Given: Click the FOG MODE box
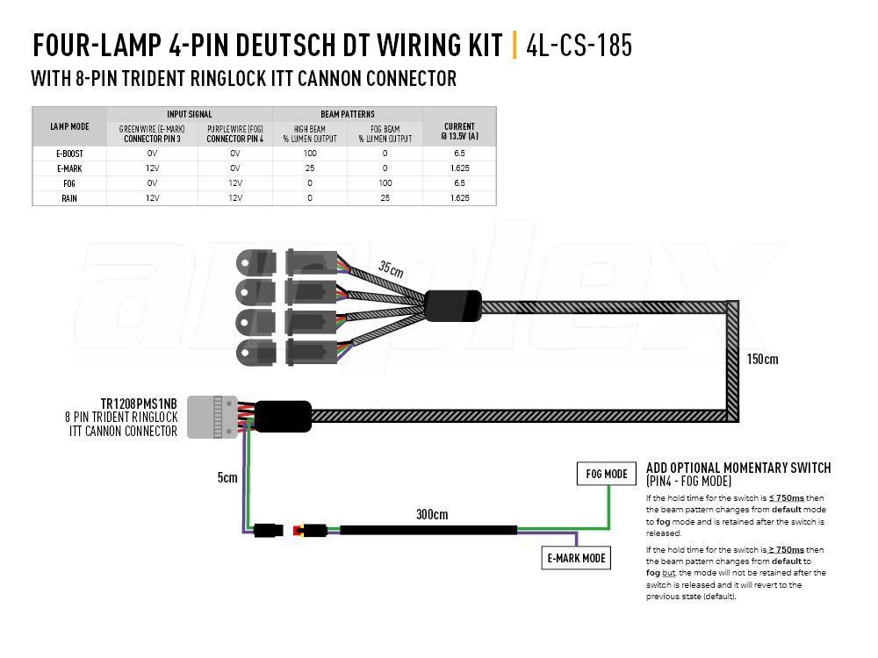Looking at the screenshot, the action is point(607,474).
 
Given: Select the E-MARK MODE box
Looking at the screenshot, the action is point(576,558).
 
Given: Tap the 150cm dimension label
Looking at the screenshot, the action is point(762,359).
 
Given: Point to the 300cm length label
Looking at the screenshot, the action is point(432,514).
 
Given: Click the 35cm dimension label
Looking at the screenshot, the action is point(391,268).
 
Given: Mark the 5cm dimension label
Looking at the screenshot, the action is point(227,477).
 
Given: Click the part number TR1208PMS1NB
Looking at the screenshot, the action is point(139,404).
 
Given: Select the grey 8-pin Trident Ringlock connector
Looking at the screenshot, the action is point(212,417).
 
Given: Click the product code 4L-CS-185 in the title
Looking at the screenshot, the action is point(579,46).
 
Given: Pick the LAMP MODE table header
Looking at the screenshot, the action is point(69,126).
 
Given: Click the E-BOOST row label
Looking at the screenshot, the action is point(69,154).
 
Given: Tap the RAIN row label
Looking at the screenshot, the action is point(69,198).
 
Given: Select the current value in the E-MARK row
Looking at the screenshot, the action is point(460,168).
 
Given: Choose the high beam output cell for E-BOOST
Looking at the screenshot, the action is point(310,153).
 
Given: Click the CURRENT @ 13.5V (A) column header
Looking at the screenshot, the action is point(460,131).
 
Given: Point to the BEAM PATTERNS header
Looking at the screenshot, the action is point(347,114).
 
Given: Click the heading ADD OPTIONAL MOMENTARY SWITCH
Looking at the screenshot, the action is point(738,468).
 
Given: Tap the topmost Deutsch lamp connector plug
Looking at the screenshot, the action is point(312,261).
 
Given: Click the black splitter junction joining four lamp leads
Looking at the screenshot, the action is point(453,306).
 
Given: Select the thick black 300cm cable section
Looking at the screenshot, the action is point(428,530).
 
